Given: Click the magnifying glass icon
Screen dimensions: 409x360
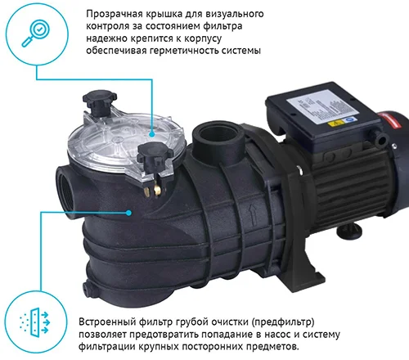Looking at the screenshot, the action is point(36,34).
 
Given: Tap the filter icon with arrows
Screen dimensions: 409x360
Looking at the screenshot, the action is point(34,322).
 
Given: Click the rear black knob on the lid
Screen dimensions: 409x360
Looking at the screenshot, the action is point(100,100).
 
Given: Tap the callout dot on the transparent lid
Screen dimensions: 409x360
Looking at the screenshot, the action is point(152,134).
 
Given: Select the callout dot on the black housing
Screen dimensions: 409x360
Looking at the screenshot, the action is point(128,213).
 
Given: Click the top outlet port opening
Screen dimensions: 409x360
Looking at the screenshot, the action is point(218,134).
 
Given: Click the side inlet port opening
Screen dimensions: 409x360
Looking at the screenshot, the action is point(66,191).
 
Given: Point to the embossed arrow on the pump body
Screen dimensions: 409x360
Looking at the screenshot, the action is point(253,215).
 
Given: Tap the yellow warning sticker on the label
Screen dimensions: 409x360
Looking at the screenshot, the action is point(335,124).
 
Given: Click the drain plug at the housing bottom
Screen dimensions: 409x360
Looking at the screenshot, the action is point(88,288).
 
